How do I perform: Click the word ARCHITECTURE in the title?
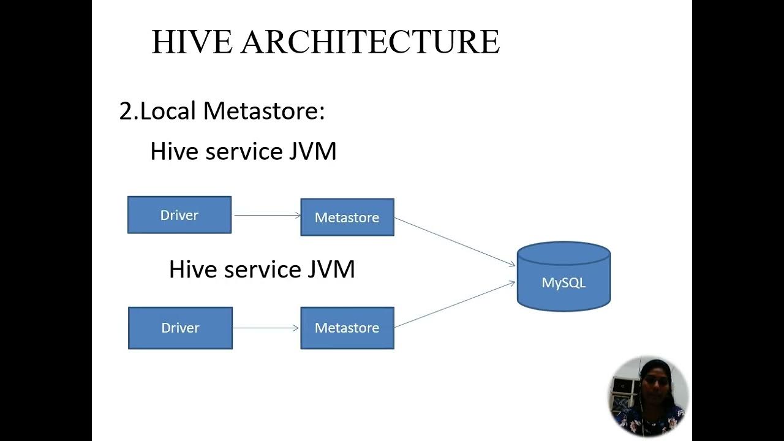point(370,42)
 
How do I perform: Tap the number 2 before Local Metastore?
point(126,111)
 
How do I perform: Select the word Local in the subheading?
point(168,111)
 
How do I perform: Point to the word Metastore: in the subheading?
point(264,111)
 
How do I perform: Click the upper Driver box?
point(179,215)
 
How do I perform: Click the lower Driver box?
point(180,328)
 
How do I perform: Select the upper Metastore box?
point(347,217)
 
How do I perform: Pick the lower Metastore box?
point(347,328)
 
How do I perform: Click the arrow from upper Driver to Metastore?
point(266,215)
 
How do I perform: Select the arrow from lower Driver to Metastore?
point(266,328)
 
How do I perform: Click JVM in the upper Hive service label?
point(312,152)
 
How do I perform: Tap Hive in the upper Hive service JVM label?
point(175,152)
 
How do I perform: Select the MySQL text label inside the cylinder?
point(563,283)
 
